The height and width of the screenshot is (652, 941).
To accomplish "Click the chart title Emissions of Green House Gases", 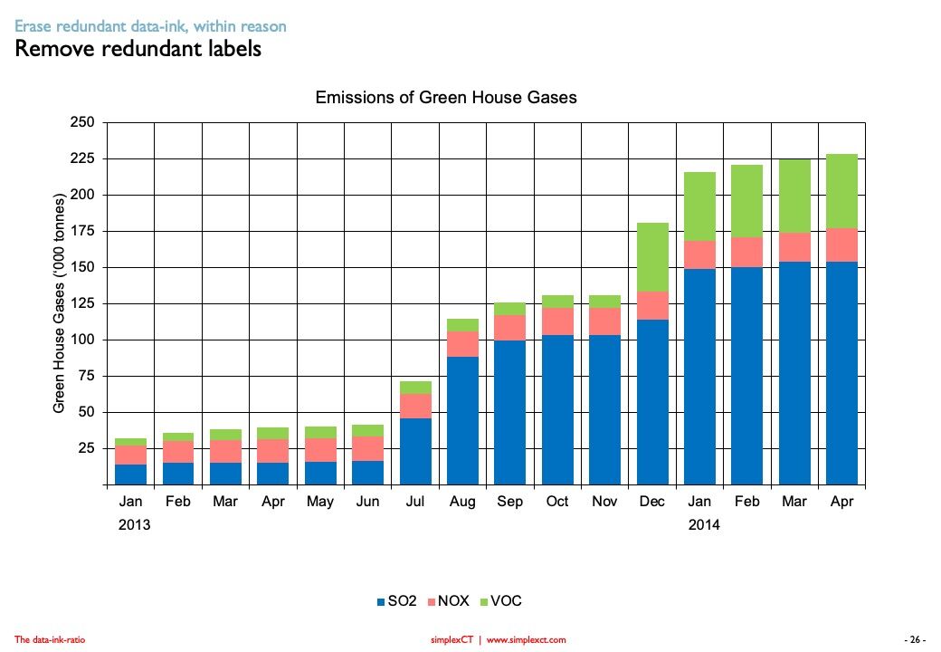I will (x=445, y=98).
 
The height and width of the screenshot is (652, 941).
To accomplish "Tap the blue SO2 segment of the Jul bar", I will (x=415, y=451).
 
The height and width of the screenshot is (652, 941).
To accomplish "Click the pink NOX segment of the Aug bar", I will (x=463, y=344).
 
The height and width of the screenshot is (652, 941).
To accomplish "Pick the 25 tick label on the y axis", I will (x=87, y=448).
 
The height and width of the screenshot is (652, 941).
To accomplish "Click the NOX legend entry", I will (x=448, y=601).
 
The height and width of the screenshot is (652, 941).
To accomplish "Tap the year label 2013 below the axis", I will (x=134, y=525).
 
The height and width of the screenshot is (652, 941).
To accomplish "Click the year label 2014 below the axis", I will (x=704, y=525).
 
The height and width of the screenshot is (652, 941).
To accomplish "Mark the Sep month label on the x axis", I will (x=510, y=502).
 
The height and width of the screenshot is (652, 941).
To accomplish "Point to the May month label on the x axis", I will (x=320, y=502).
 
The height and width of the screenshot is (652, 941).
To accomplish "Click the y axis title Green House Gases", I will (x=60, y=303).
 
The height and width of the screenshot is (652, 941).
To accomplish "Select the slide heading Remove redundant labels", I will (x=138, y=49).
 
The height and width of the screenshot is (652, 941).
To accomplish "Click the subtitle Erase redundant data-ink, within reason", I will (x=150, y=27).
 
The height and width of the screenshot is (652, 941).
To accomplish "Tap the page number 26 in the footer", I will (x=916, y=640).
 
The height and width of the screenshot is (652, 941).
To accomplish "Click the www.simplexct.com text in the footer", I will (x=526, y=640).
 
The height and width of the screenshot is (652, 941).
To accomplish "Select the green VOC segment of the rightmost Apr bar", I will (x=842, y=191).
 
